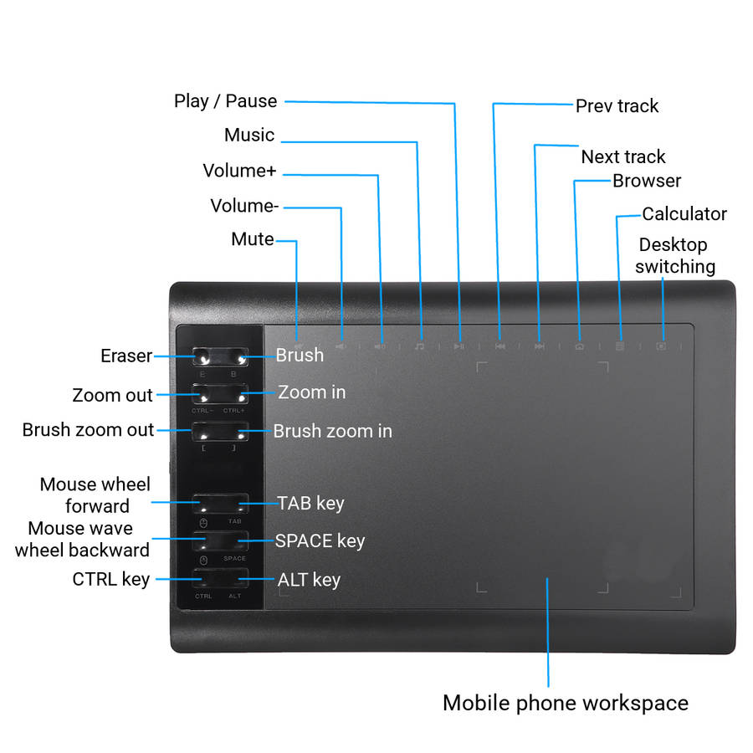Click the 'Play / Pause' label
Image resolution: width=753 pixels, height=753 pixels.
point(225,101)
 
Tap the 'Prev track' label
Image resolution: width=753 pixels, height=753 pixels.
point(617,106)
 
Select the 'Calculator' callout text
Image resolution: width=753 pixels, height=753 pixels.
point(684,214)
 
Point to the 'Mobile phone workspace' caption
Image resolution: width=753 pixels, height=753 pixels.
point(565,703)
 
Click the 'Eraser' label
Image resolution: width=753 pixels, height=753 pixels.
point(126,356)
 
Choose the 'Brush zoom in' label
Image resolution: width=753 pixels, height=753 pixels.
point(332,432)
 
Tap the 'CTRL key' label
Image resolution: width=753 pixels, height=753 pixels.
point(110,579)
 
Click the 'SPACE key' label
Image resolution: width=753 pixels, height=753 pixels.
point(320,540)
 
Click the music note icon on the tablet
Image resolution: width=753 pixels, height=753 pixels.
point(420,345)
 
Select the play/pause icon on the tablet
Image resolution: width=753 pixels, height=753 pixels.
point(459,345)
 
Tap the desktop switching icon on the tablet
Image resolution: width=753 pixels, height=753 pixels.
point(661,345)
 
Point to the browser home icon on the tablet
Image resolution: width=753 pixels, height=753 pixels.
point(579,345)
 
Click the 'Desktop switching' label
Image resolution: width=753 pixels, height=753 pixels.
point(674,256)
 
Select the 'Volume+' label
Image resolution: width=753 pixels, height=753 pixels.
point(239,172)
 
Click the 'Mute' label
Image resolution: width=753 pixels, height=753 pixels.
point(252,239)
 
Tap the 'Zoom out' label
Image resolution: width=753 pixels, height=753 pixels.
point(112,395)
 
